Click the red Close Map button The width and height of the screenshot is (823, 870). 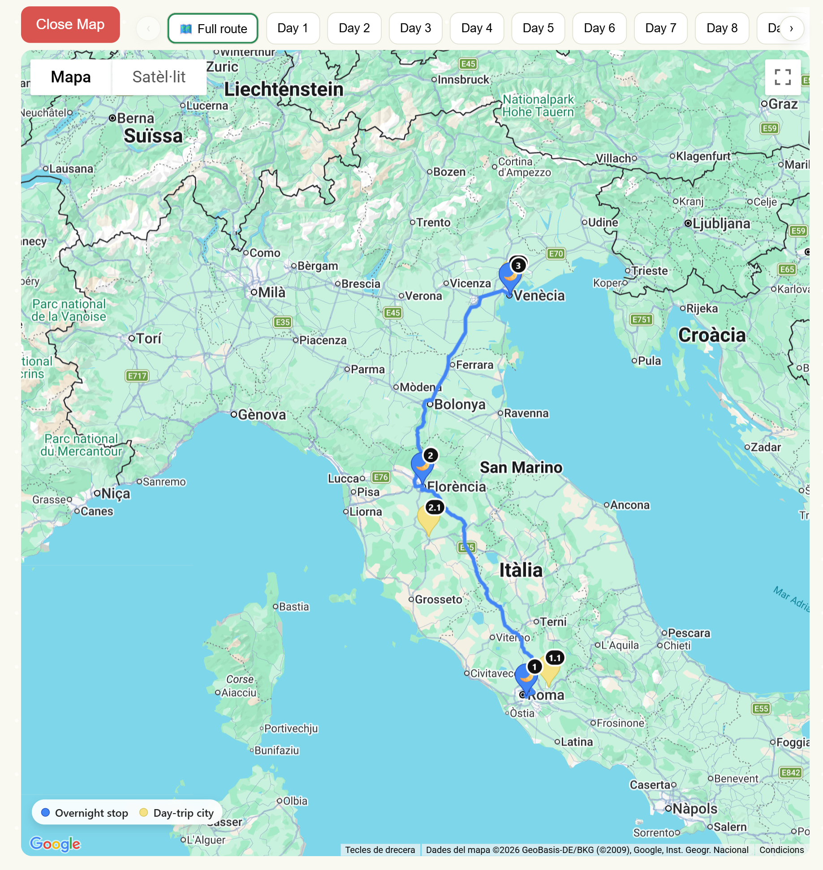[x=70, y=25]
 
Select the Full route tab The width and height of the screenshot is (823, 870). [x=213, y=29]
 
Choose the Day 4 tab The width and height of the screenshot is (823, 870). [x=477, y=28]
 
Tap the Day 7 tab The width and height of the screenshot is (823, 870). [x=660, y=28]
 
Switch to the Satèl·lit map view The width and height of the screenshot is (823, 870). [x=159, y=77]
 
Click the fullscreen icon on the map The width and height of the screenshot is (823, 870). [x=782, y=77]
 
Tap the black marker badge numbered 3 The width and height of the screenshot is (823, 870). [x=518, y=266]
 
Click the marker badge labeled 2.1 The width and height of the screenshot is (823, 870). [x=435, y=507]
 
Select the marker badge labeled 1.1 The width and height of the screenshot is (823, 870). [x=555, y=658]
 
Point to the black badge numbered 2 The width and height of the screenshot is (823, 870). [x=430, y=455]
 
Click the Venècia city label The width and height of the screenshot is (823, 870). [x=539, y=296]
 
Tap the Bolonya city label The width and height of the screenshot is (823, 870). [x=460, y=404]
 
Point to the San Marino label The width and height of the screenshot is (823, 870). [x=521, y=467]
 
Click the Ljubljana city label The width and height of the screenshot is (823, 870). [x=721, y=223]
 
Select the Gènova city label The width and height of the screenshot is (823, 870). [x=262, y=415]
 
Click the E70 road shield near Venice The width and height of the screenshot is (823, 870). [x=556, y=254]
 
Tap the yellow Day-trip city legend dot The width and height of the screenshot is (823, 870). [x=143, y=813]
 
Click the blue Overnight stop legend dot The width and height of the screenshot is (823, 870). [x=45, y=813]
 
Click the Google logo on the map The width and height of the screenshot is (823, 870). [x=55, y=844]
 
